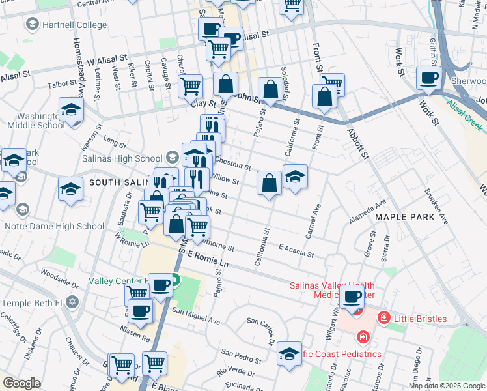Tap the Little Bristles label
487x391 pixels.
pyautogui.click(x=421, y=319)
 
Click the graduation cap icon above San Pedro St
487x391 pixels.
pyautogui.click(x=289, y=353)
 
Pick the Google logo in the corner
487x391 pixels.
pyautogui.click(x=22, y=383)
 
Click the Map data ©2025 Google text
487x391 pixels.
pyautogui.click(x=447, y=386)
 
